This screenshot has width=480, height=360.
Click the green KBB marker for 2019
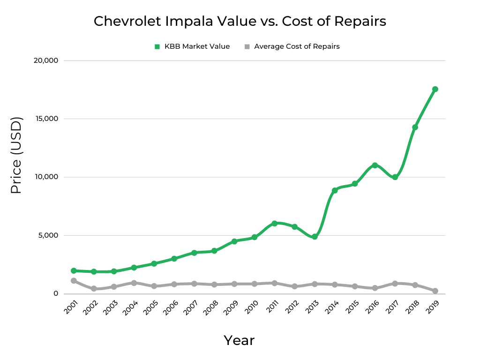click(x=435, y=89)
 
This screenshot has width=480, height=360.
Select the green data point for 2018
click(x=415, y=127)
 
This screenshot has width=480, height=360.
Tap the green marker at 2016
click(x=375, y=165)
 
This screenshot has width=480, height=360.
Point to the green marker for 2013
click(x=315, y=237)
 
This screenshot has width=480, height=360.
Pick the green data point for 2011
click(x=275, y=224)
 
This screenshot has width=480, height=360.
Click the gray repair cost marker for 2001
click(x=74, y=281)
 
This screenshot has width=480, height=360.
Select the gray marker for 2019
click(x=435, y=291)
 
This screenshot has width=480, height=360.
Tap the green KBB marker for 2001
click(x=74, y=271)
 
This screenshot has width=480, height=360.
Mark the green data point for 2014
click(x=335, y=190)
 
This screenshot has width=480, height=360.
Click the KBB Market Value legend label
click(x=197, y=46)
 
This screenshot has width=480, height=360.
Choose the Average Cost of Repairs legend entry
click(x=297, y=46)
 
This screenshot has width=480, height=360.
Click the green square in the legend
click(x=157, y=46)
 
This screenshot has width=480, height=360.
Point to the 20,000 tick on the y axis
click(x=46, y=60)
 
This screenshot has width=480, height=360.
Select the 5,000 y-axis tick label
click(x=48, y=235)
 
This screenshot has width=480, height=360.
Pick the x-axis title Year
click(x=239, y=340)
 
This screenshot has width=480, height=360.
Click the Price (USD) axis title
click(x=16, y=156)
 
